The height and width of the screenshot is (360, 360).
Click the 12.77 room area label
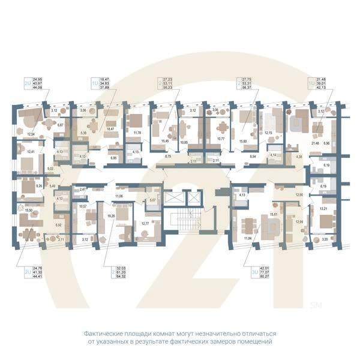pos(144,223)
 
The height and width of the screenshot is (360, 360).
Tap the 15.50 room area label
pos(29,209)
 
